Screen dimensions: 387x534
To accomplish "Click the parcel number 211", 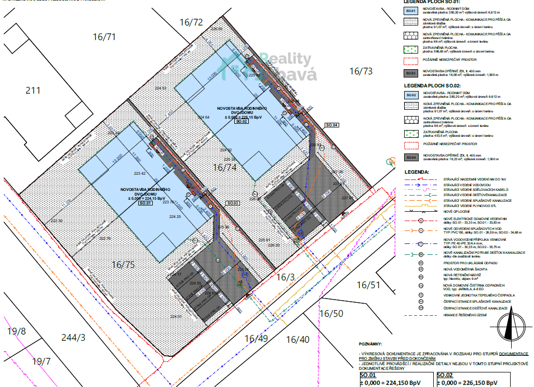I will [x=33, y=91].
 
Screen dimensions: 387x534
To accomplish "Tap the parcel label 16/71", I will [x=104, y=36].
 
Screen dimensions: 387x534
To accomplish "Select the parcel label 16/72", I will [x=191, y=22].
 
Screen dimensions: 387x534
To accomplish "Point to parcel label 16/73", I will [x=361, y=71].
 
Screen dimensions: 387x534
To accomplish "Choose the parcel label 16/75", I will [x=123, y=264].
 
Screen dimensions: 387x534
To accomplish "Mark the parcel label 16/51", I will [x=368, y=285].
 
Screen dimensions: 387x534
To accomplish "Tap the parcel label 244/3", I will [x=73, y=337].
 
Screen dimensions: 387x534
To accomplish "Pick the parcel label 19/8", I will [x=17, y=331].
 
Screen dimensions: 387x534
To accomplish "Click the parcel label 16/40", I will [x=298, y=340].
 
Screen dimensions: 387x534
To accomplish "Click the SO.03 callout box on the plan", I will [x=233, y=202].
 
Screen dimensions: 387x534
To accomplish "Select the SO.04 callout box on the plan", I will [x=331, y=125].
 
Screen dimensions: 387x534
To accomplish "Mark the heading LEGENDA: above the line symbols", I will [x=416, y=171].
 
